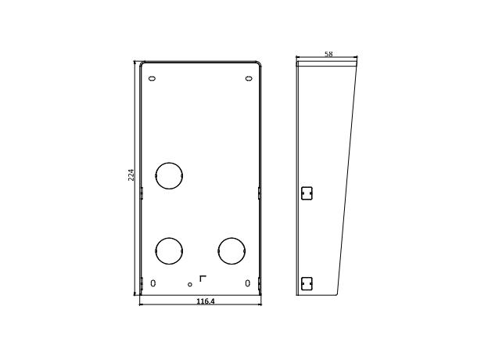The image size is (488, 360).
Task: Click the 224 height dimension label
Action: (x=131, y=175)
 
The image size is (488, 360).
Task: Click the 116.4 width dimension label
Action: (x=206, y=301)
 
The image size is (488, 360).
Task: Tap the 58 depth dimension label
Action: (x=328, y=54)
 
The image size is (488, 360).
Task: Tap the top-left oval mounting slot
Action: (x=152, y=78)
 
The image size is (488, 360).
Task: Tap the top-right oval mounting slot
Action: (x=249, y=78)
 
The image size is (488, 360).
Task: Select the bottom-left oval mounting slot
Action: (x=152, y=283)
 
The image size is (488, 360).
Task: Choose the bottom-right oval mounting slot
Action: (x=247, y=283)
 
